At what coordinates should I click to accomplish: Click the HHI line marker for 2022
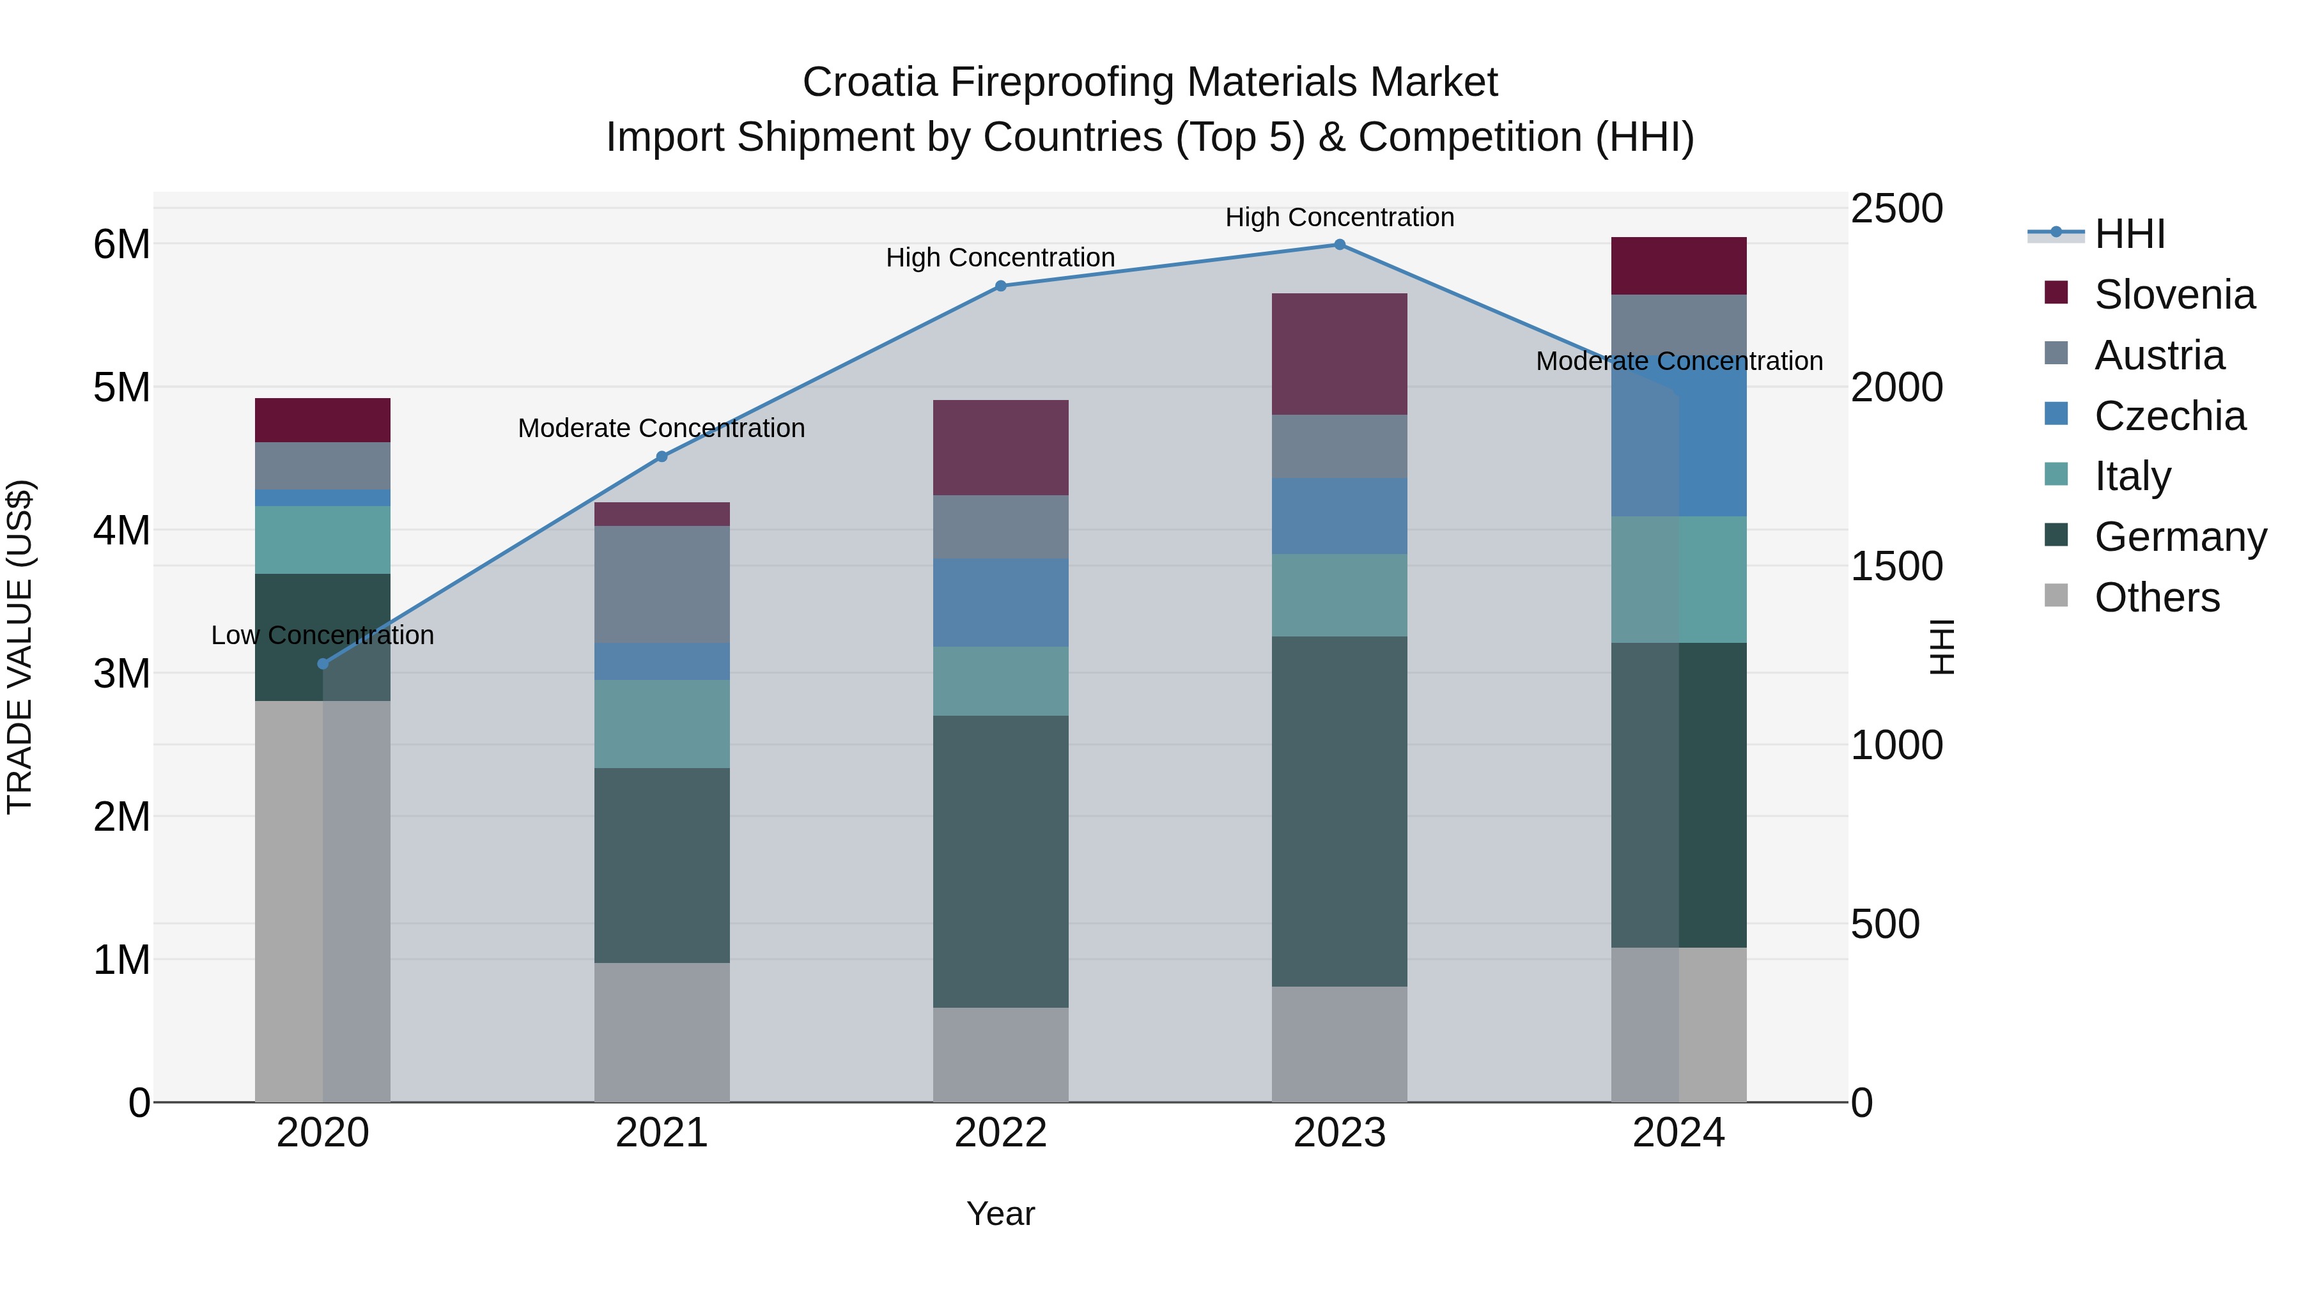pyautogui.click(x=1000, y=286)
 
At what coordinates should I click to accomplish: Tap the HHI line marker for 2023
pyautogui.click(x=1339, y=245)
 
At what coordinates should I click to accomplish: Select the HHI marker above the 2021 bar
pyautogui.click(x=662, y=456)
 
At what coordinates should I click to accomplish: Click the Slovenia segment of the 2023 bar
pyautogui.click(x=1339, y=353)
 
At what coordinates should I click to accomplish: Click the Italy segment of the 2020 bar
pyautogui.click(x=323, y=539)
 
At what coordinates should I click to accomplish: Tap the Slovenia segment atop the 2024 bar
pyautogui.click(x=1678, y=265)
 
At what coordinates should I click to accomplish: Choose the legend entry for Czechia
pyautogui.click(x=2169, y=416)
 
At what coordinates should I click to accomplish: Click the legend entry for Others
pyautogui.click(x=2157, y=597)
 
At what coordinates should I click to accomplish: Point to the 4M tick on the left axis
pyautogui.click(x=121, y=530)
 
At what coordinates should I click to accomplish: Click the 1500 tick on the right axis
pyautogui.click(x=1896, y=566)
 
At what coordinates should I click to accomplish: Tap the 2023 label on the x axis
pyautogui.click(x=1339, y=1133)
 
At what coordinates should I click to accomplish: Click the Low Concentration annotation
pyautogui.click(x=323, y=635)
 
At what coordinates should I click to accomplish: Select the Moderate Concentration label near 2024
pyautogui.click(x=1678, y=361)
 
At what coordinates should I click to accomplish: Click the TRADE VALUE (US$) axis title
pyautogui.click(x=20, y=647)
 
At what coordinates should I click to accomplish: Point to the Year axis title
pyautogui.click(x=1000, y=1213)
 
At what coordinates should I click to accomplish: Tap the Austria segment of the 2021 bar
pyautogui.click(x=662, y=584)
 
